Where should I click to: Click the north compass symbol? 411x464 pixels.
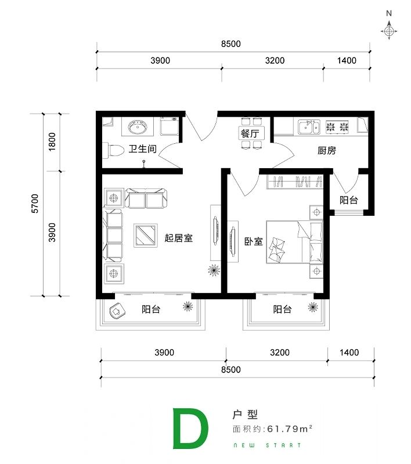(389, 30)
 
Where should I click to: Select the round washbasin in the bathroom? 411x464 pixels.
(138, 127)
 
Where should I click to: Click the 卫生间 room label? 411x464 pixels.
(142, 148)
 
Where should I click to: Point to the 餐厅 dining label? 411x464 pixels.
(250, 133)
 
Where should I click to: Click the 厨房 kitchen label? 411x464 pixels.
(327, 151)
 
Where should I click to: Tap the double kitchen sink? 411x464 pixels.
(309, 127)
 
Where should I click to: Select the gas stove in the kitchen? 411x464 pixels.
(337, 127)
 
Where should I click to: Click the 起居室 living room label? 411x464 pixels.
(179, 238)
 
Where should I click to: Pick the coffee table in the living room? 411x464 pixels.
(145, 235)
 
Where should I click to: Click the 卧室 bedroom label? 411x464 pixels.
(254, 241)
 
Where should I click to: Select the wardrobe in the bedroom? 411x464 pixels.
(295, 182)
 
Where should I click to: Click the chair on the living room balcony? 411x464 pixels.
(117, 311)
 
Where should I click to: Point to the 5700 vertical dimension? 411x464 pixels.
(35, 204)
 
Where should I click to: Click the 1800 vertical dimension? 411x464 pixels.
(52, 142)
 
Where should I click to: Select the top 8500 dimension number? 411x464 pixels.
(231, 44)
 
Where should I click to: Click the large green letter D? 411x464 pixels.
(190, 429)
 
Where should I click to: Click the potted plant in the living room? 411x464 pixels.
(214, 270)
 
